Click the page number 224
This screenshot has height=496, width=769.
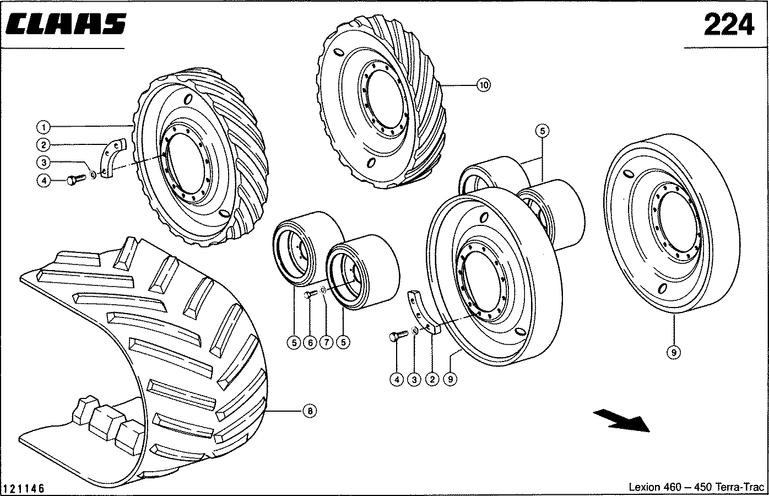[x=728, y=25]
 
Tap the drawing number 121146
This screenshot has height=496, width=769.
[x=24, y=488]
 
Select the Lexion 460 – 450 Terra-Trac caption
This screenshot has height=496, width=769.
[x=697, y=487]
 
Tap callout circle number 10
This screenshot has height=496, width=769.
[x=483, y=85]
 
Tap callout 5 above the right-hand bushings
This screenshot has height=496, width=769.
[x=542, y=131]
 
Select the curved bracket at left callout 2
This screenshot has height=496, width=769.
[x=111, y=157]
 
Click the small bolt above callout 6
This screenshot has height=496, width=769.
[x=308, y=296]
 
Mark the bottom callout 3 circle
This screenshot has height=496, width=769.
[x=414, y=379]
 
